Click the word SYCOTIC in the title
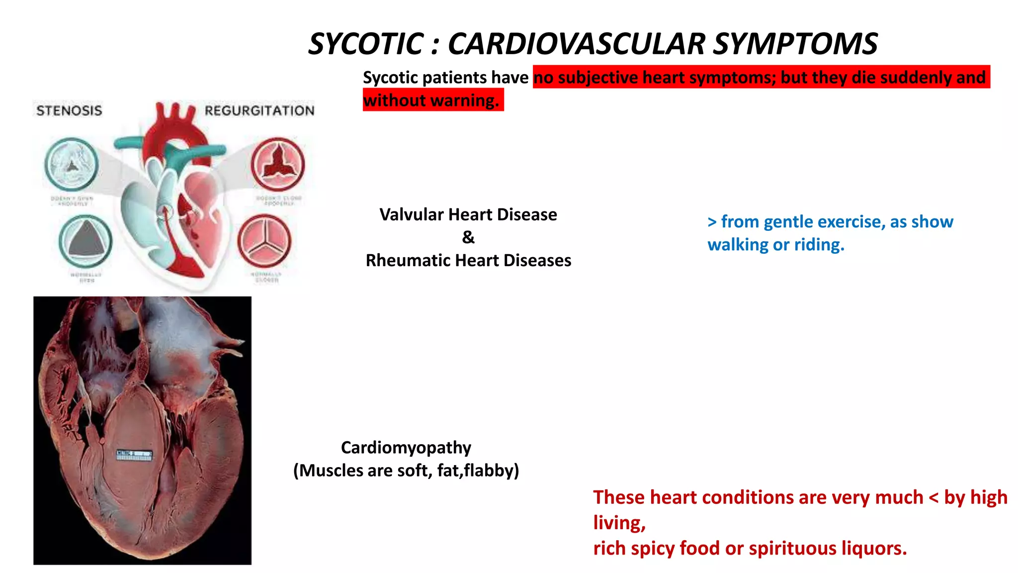(x=366, y=44)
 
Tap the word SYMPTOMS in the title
(x=795, y=44)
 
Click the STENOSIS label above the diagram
(x=69, y=110)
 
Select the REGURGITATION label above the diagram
(x=259, y=110)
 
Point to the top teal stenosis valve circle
(x=72, y=165)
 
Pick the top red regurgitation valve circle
(x=277, y=165)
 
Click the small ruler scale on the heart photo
(x=134, y=455)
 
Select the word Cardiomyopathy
(x=406, y=448)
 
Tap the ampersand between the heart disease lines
(x=468, y=237)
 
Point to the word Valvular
(x=411, y=215)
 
